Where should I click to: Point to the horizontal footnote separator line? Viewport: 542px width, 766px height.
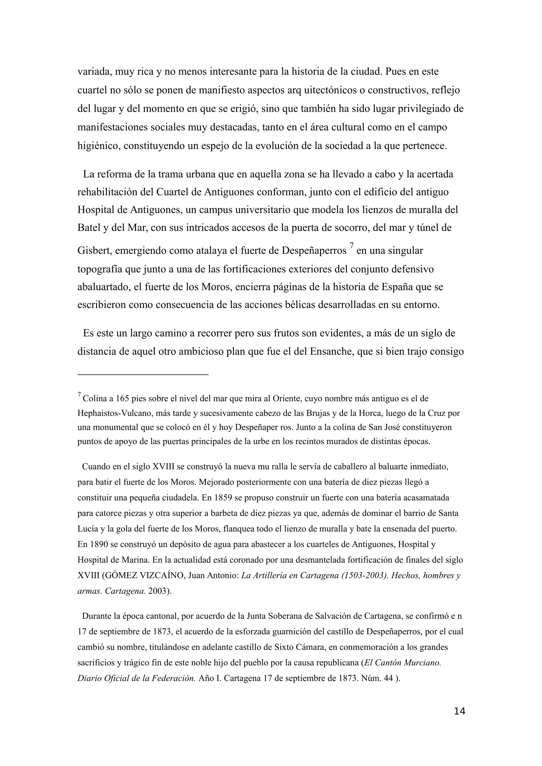(143, 375)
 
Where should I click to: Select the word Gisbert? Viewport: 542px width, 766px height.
(94, 251)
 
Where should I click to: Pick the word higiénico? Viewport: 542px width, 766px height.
(98, 146)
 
